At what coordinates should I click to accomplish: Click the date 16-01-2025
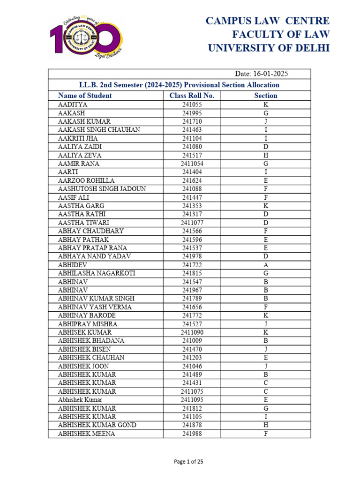[261, 74]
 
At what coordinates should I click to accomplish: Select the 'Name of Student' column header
[85, 96]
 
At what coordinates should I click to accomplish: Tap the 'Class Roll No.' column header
[192, 96]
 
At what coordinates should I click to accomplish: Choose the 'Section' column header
[265, 96]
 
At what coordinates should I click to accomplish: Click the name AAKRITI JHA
[78, 138]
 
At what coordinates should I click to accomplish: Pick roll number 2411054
[192, 164]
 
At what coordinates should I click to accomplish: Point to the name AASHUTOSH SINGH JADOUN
[102, 189]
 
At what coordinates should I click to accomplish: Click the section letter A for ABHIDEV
[266, 265]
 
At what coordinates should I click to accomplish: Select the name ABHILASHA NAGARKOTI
[97, 273]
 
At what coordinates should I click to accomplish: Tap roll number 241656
[192, 307]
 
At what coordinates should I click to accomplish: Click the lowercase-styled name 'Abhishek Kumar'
[80, 400]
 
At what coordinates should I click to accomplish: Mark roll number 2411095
[192, 400]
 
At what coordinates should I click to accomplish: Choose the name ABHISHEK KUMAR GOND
[97, 425]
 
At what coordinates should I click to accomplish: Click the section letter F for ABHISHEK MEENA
[266, 434]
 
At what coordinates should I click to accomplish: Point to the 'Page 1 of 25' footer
[188, 462]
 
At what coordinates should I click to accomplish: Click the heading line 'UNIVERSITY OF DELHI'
[269, 48]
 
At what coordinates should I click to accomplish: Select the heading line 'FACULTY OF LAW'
[281, 34]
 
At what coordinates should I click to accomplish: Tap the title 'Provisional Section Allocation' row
[179, 85]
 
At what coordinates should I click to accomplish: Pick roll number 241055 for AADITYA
[192, 105]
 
